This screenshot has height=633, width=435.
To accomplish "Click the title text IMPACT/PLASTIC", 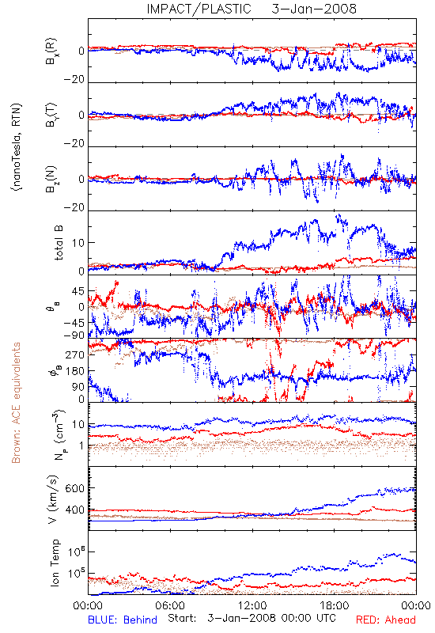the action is (x=199, y=9).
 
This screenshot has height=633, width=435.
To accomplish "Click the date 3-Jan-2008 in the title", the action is (x=314, y=9).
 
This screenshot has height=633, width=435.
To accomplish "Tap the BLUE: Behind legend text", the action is (x=123, y=620).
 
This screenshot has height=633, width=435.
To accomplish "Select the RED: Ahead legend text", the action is (x=386, y=620).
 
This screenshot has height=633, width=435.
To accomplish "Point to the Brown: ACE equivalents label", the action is (x=16, y=403).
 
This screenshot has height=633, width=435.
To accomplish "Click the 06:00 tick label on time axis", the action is (x=170, y=605).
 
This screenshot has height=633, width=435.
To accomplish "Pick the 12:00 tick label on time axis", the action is (x=252, y=605).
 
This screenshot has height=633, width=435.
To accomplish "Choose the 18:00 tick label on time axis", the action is (x=335, y=605).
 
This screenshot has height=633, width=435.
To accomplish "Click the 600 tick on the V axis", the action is (x=75, y=488).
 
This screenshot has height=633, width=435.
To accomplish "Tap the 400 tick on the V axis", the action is (x=75, y=510).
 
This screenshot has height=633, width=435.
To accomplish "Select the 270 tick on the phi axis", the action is (x=75, y=354).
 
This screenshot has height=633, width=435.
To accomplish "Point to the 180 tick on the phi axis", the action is (x=75, y=371).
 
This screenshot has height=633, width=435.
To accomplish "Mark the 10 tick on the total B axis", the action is (x=78, y=243).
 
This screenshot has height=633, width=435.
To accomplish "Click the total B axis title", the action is (x=59, y=243).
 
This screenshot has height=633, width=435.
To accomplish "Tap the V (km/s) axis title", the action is (x=53, y=499).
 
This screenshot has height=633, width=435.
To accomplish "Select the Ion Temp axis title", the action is (x=55, y=563).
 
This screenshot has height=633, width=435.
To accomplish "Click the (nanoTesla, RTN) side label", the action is (x=17, y=147).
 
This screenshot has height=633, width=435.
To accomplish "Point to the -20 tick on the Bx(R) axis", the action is (x=74, y=80).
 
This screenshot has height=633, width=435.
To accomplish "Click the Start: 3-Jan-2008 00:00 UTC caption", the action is (x=252, y=618).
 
